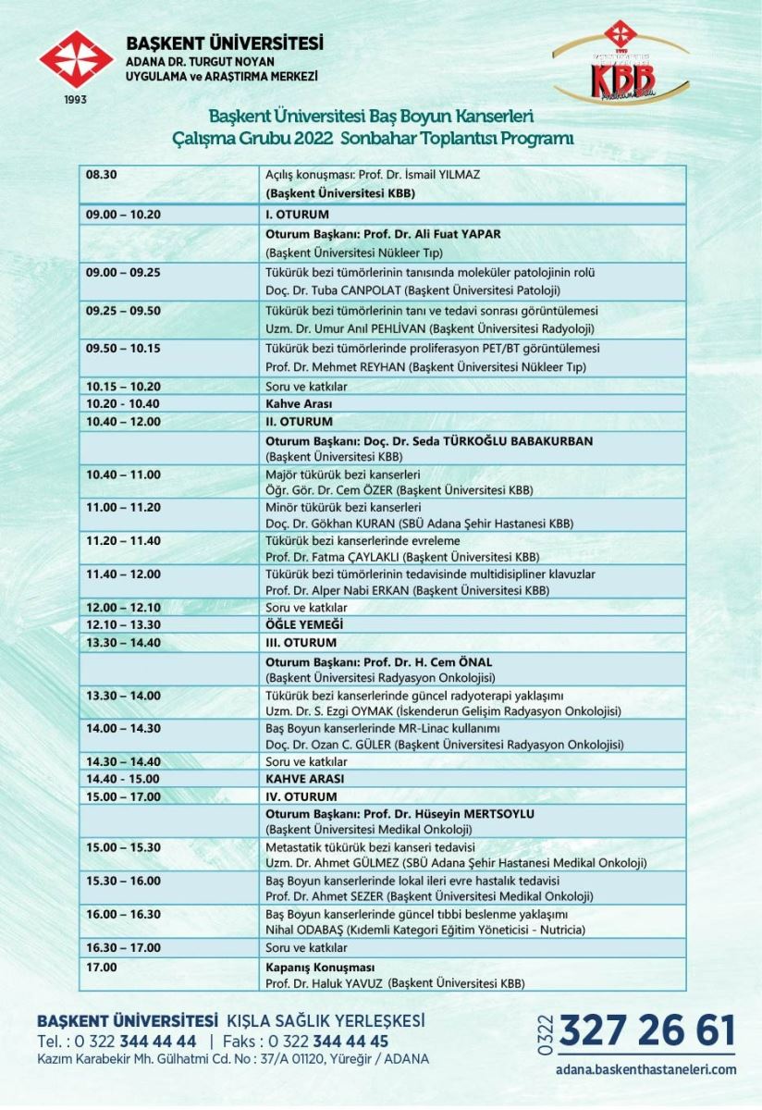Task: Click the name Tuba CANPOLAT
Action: pos(339,290)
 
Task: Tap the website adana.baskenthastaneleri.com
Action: pos(646,1069)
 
